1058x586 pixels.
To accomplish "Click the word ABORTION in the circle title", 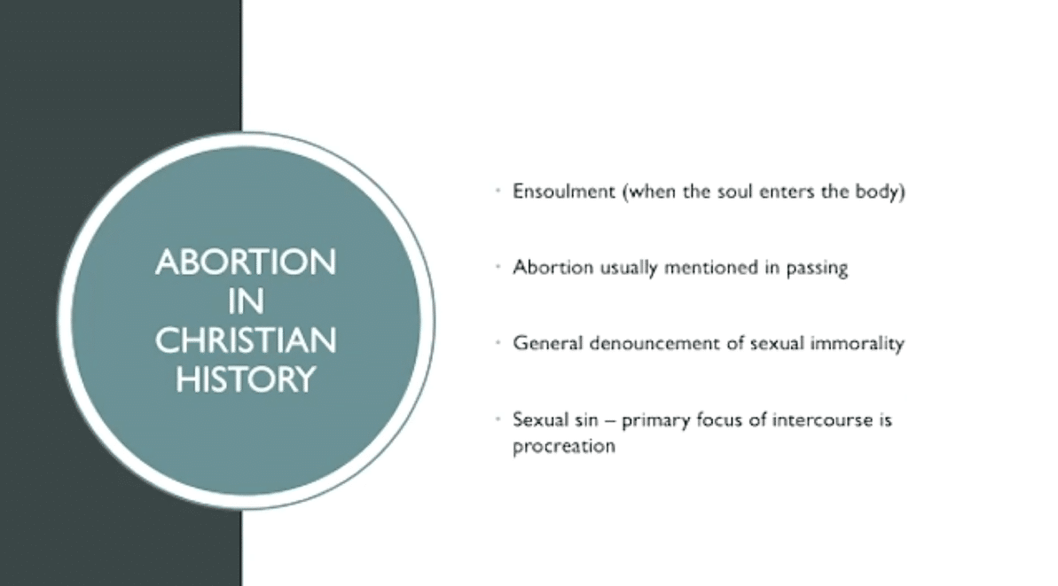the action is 246,262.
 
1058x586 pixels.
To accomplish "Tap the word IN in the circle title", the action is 246,301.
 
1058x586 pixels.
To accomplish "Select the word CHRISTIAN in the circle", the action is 246,340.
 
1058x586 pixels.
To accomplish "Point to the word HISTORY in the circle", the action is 246,379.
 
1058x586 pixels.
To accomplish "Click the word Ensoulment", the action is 564,191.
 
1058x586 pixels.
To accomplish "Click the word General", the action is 548,343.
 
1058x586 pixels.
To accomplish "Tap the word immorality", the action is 857,344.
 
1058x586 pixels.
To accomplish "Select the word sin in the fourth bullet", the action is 585,420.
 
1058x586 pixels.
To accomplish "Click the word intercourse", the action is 822,420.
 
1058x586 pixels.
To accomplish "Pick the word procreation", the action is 564,447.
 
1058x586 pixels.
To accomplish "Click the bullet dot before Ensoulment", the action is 498,191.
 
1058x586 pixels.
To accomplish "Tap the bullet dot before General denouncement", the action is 498,342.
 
